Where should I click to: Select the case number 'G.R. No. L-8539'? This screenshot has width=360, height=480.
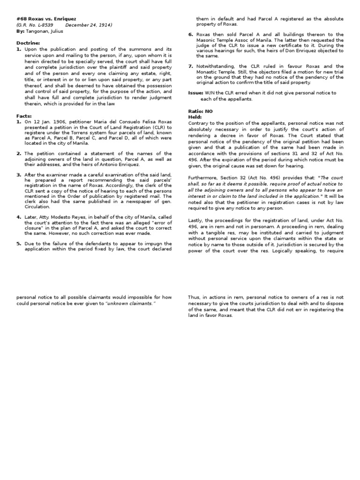[x=36, y=25]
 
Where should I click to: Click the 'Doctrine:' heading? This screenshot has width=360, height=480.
[x=29, y=43]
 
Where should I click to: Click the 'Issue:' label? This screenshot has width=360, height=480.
[x=195, y=93]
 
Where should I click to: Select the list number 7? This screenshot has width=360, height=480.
[x=191, y=66]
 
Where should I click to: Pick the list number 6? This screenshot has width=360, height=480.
[x=191, y=35]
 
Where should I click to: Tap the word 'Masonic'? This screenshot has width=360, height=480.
[x=206, y=40]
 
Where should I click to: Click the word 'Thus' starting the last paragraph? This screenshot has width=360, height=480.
[x=194, y=297]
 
